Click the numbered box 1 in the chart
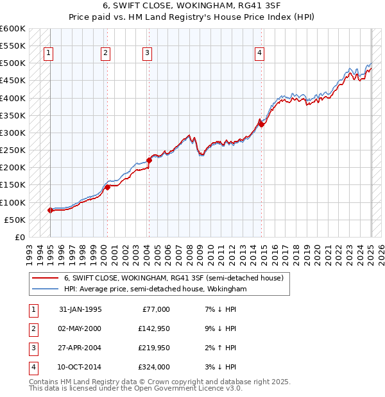click(49, 53)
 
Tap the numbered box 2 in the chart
click(105, 53)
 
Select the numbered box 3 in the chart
click(147, 53)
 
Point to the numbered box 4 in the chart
click(259, 53)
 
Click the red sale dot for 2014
click(261, 124)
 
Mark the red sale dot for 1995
click(50, 210)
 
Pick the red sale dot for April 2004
click(149, 160)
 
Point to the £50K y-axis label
click(15, 220)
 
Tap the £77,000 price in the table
click(156, 309)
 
